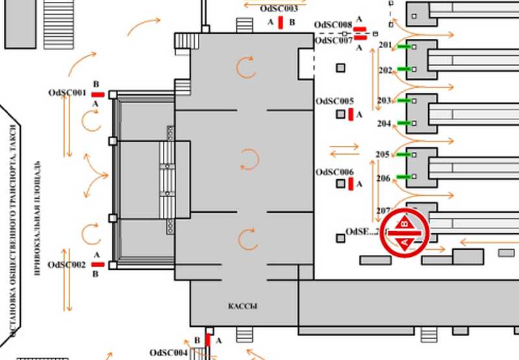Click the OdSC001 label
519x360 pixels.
click(67, 93)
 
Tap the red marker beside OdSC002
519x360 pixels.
click(98, 265)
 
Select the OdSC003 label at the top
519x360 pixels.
click(279, 9)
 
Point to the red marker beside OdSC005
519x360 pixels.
click(351, 115)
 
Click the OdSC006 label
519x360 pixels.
click(335, 172)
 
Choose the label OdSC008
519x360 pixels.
click(333, 25)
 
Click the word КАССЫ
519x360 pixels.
click(243, 306)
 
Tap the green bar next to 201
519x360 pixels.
click(405, 46)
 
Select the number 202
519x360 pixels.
click(385, 70)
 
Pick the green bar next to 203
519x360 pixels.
click(405, 101)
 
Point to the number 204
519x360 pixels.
click(384, 123)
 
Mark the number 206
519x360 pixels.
click(383, 178)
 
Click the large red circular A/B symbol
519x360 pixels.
click(405, 233)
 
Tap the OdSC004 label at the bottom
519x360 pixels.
click(169, 353)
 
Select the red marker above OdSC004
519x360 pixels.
click(208, 339)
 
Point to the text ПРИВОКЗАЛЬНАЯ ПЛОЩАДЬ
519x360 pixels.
click(38, 214)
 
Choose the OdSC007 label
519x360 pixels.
click(333, 40)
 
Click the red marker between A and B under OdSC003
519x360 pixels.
click(280, 23)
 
